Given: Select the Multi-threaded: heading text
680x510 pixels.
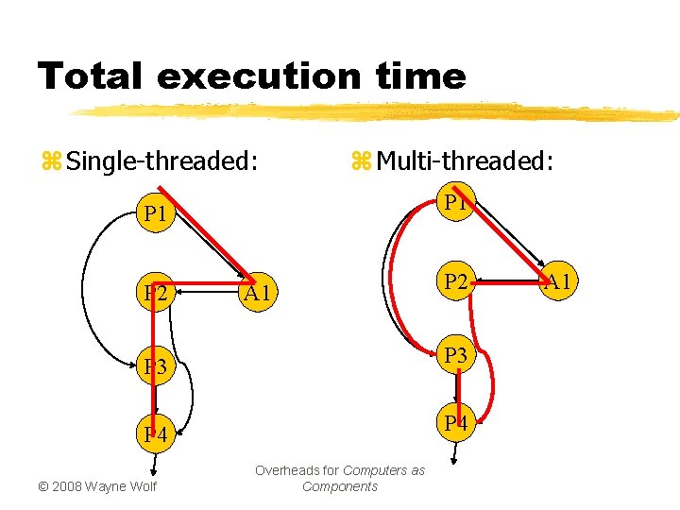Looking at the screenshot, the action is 464,161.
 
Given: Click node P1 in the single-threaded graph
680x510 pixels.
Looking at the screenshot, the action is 155,214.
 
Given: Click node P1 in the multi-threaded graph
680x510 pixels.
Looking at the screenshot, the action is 457,204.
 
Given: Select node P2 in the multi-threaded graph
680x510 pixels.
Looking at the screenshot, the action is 457,280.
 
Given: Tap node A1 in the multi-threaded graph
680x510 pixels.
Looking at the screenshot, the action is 560,280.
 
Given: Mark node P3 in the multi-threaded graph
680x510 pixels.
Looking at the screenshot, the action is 457,355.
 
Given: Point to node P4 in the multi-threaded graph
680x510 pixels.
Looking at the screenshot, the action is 457,422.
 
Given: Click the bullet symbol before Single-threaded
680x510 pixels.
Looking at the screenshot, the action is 51,162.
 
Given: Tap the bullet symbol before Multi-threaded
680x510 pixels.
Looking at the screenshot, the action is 361,162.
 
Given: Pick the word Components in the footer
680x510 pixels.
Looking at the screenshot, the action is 339,486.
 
